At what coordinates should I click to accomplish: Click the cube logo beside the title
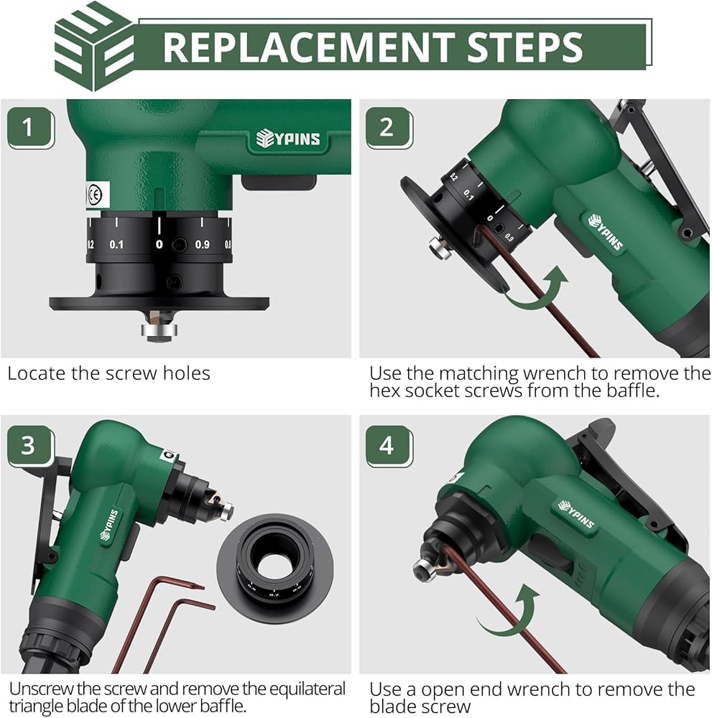point(94,46)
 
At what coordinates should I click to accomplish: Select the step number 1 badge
point(30,128)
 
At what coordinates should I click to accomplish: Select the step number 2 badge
point(389,128)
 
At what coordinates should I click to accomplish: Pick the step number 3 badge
point(30,446)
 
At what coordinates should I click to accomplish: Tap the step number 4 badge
point(389,446)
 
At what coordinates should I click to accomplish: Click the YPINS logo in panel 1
point(287,139)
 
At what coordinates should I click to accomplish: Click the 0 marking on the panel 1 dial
point(159,245)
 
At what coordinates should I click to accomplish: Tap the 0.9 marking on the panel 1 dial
point(202,245)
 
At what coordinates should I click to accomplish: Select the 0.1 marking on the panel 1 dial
point(116,245)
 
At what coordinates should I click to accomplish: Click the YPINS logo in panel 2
point(606,232)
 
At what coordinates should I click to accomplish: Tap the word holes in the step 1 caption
point(187,373)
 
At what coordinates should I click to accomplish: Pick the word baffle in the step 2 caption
point(632,391)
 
